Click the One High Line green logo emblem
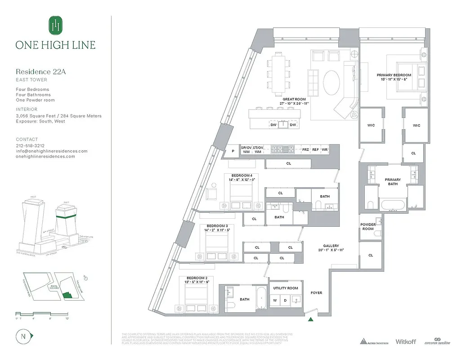point(56,25)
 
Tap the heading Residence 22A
point(37,72)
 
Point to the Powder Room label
point(368,226)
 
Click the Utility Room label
point(285,288)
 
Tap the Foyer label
point(316,293)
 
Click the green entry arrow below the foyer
point(310,320)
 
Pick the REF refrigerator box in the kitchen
point(315,149)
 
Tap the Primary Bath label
point(393,182)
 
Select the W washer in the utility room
point(274,301)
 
